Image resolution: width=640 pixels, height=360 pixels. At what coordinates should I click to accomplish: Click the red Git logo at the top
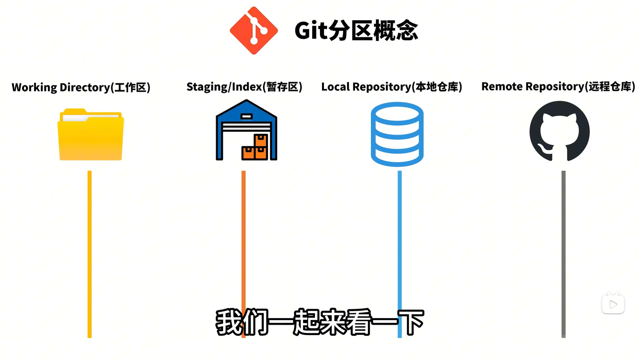tap(254, 30)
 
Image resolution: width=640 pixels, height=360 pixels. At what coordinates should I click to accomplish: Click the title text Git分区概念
tap(356, 30)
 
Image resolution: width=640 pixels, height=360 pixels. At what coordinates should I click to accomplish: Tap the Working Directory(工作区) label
tap(81, 87)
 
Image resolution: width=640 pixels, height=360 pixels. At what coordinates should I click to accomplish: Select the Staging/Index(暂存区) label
tap(244, 87)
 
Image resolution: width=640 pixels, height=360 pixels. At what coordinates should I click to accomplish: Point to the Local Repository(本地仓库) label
tap(392, 87)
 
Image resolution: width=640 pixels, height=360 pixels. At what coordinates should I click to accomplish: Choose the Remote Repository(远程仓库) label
tap(558, 86)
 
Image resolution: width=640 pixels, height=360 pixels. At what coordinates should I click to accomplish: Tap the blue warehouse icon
tap(246, 130)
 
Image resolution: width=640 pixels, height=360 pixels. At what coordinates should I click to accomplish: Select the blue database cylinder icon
tap(397, 134)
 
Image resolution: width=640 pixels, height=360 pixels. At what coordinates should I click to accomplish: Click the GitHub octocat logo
tap(559, 131)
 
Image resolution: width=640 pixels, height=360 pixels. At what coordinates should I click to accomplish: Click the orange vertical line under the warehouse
tap(243, 233)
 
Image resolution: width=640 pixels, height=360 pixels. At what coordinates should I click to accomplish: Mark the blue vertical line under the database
tap(400, 233)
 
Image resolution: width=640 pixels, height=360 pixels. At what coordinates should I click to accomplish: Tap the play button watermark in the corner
tap(613, 304)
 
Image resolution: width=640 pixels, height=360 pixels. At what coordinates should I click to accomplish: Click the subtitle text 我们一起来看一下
tap(319, 322)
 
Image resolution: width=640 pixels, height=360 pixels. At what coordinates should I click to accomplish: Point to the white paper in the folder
tap(90, 117)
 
